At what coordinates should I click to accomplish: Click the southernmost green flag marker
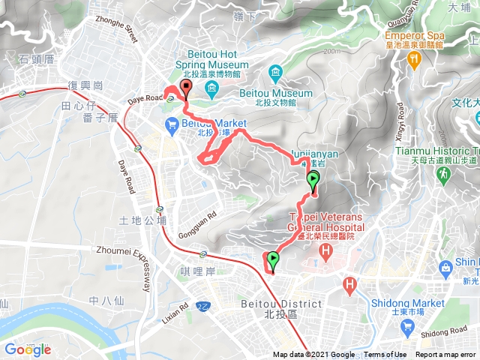click(272, 261)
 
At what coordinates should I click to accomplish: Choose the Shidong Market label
click(408, 303)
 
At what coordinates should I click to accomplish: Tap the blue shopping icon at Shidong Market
click(407, 326)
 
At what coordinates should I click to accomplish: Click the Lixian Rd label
click(175, 310)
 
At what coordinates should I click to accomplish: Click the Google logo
click(28, 349)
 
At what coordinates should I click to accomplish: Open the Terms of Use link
click(385, 355)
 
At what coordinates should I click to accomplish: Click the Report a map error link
click(446, 355)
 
